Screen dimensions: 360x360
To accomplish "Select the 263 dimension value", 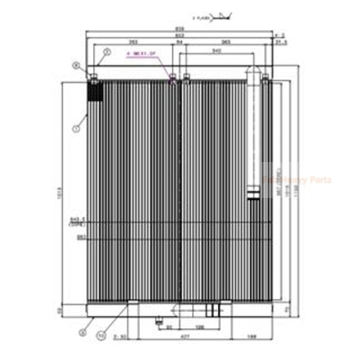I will (133, 43).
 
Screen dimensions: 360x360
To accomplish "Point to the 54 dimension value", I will (179, 43).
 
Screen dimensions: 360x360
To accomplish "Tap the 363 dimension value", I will (225, 43).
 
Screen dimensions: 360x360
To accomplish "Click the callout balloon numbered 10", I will (101, 335).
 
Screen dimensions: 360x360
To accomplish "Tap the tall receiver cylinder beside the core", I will (253, 135).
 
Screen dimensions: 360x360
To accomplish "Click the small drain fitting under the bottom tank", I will (159, 321).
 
